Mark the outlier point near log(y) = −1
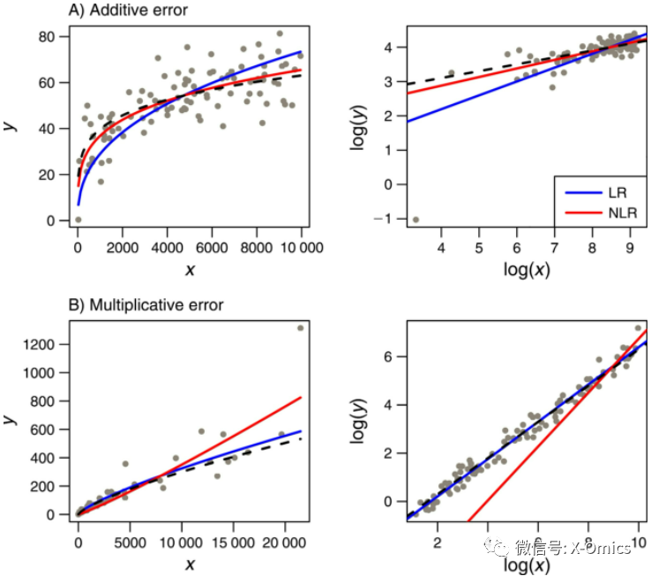(x=415, y=220)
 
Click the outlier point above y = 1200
(x=301, y=328)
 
